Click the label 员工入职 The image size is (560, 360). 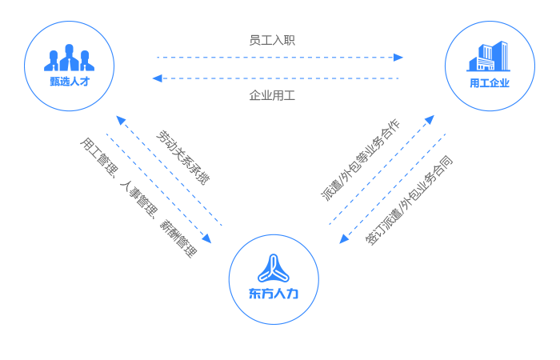[x=272, y=40]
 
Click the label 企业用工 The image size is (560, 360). [x=272, y=96]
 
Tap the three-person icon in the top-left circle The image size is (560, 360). [x=69, y=58]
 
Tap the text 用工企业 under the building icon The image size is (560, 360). [x=488, y=82]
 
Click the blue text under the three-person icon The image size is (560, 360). [x=69, y=82]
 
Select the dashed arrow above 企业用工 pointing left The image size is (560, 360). [x=277, y=78]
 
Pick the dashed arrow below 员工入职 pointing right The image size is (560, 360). [x=280, y=58]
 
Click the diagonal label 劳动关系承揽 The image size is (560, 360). [x=182, y=157]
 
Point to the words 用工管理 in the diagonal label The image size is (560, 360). [x=95, y=155]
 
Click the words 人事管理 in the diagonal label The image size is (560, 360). [x=136, y=197]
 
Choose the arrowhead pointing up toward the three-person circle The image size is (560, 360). [x=120, y=120]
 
